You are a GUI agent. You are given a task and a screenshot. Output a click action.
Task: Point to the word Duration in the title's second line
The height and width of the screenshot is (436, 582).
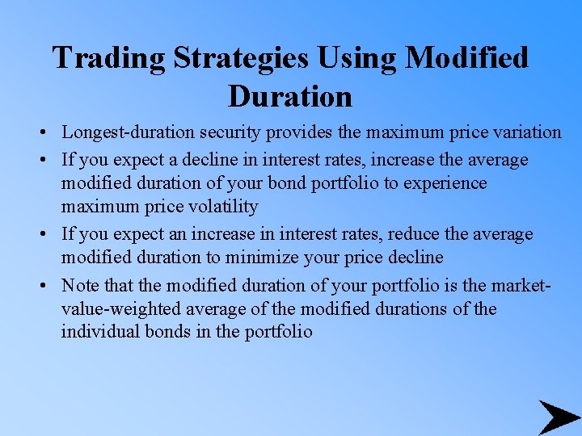click(x=290, y=97)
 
